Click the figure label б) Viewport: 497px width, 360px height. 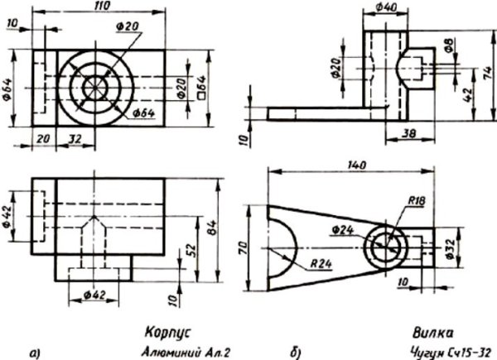(x=296, y=352)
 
